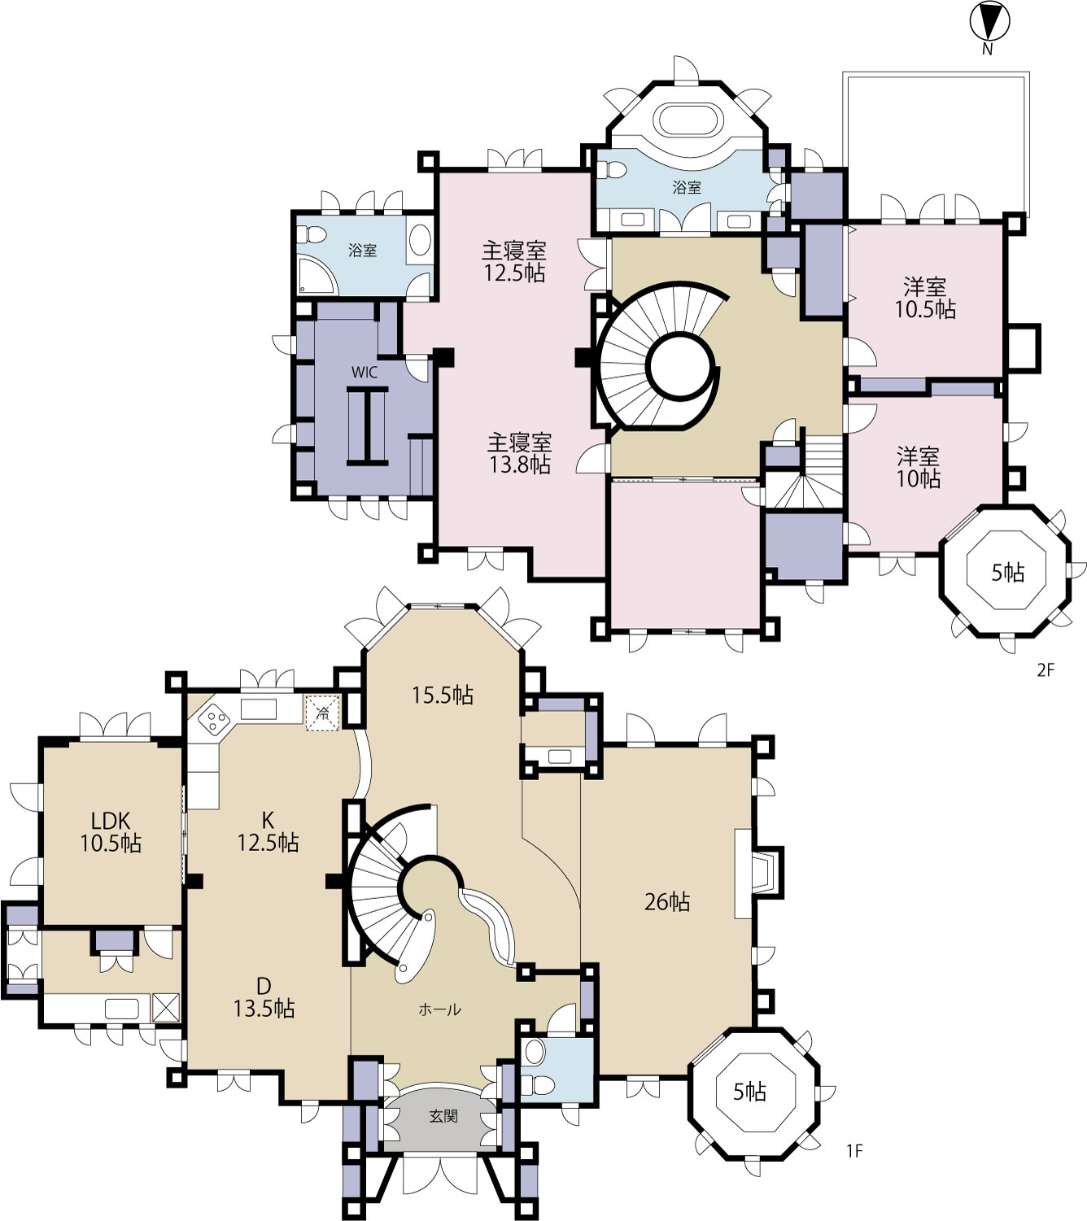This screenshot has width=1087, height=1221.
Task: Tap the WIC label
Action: (x=365, y=372)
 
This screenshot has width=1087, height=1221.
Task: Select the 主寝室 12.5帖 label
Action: (x=514, y=262)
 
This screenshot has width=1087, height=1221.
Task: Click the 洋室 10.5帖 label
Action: (x=925, y=298)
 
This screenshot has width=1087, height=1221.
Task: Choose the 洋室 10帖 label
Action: (x=919, y=467)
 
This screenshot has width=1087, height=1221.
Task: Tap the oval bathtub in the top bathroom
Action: (x=688, y=120)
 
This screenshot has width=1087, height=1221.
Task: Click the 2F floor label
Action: (x=1046, y=669)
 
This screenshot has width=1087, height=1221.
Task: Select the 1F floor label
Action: (x=854, y=1150)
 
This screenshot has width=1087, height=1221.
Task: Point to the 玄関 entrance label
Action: (x=443, y=1116)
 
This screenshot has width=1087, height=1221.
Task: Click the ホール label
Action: (x=439, y=1010)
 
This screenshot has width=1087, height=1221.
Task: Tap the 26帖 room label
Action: (x=667, y=901)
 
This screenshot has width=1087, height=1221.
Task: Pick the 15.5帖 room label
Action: (x=443, y=695)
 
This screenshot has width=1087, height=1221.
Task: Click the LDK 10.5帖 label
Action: (x=111, y=831)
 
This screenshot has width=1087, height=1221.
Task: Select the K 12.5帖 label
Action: (x=268, y=831)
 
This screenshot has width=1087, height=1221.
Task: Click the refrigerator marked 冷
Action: (x=323, y=713)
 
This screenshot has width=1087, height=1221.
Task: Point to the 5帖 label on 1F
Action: (x=749, y=1092)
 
